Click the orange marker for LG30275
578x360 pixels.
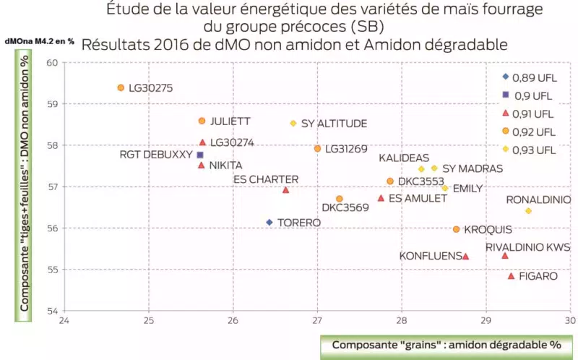pos(121,87)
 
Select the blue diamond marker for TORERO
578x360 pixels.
pos(269,223)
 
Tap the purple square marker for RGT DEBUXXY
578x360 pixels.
pos(200,155)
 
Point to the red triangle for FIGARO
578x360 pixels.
pos(512,276)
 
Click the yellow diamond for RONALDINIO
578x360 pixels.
pos(528,211)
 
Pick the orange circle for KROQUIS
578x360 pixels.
pos(456,229)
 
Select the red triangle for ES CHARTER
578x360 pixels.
pos(286,190)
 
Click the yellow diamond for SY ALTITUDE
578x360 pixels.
pos(293,124)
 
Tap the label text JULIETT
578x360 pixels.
pos(230,121)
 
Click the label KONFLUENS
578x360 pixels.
pos(429,256)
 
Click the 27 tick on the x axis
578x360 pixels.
pos(317,320)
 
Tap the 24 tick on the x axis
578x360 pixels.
pos(64,320)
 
